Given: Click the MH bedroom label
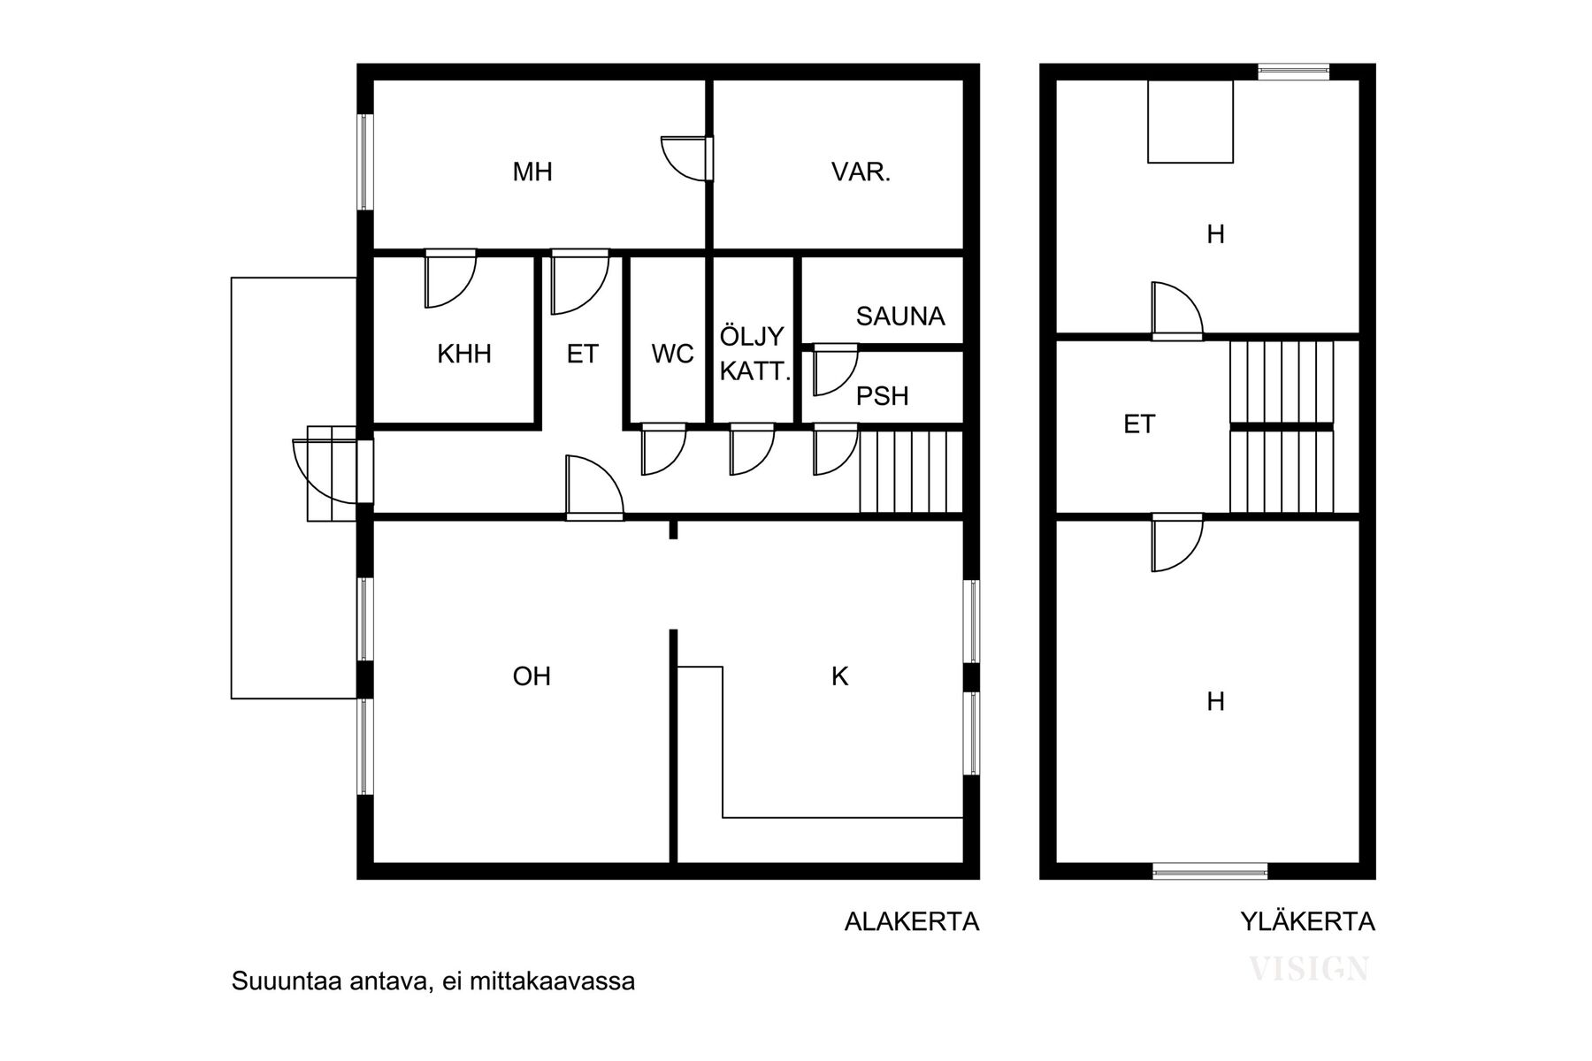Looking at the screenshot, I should pos(532,172).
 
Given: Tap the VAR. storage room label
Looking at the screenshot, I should pos(861,172).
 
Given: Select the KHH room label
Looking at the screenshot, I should pos(463,355).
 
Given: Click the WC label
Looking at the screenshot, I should pos(672,355).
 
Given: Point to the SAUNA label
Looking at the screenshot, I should pos(899,316).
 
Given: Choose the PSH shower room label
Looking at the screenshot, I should pos(882,396).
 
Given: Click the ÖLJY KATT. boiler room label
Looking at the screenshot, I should pos(753,354).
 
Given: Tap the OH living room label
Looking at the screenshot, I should pos(532,676).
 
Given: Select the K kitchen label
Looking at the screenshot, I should pos(839,676).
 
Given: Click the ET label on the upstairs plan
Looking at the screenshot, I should pos(1139,424).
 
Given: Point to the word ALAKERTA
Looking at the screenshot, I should pos(912,922).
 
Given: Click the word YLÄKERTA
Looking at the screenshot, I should pos(1307,922).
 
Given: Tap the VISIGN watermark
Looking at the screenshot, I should pos(1309,969).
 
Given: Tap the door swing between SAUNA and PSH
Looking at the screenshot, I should pos(834,369).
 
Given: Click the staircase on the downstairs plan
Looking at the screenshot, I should pos(910,471).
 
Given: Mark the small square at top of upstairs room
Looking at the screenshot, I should pos(1190,122).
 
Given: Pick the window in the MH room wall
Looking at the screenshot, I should pos(364,162).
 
